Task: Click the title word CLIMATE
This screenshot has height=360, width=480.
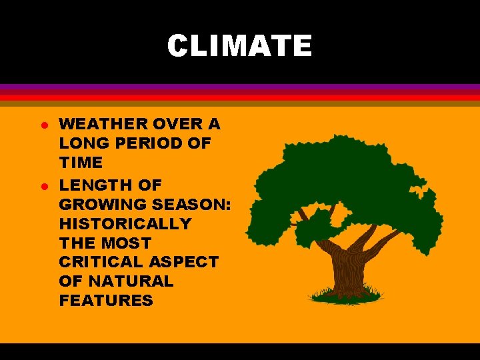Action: point(239,46)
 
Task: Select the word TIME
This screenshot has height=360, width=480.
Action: point(81,162)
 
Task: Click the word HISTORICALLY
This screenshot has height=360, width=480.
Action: point(125,223)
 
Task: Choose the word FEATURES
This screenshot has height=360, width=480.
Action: point(106,301)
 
